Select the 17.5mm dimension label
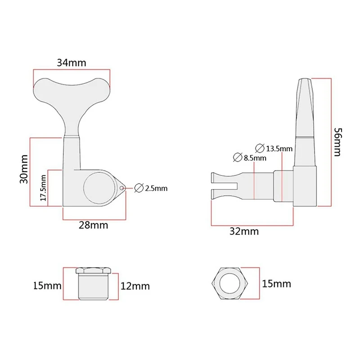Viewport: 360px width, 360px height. click(44, 188)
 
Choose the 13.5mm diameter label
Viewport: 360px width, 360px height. click(279, 148)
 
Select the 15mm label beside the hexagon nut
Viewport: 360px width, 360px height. click(277, 283)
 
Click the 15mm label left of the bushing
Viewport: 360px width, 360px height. click(47, 286)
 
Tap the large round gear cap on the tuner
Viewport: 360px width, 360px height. click(97, 187)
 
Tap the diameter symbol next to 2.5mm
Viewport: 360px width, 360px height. click(139, 188)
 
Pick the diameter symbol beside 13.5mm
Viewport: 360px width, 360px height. click(260, 148)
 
